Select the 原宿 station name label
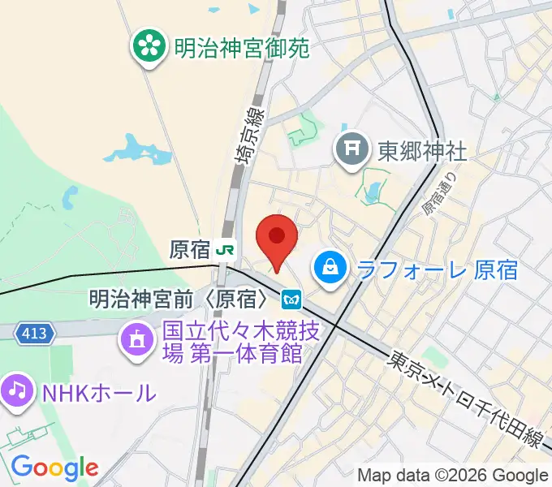[190, 249]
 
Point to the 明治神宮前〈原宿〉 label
[179, 300]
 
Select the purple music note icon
[17, 391]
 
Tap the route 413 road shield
[36, 333]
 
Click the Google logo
[54, 467]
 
